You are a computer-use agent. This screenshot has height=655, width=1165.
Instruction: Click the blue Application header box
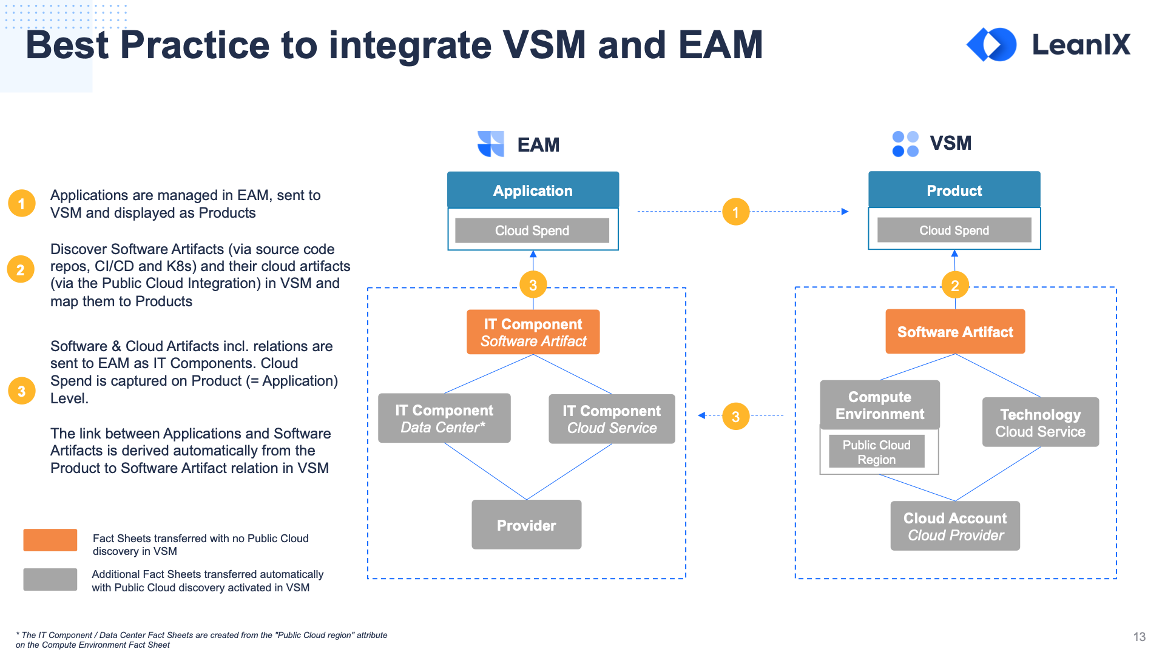pos(533,190)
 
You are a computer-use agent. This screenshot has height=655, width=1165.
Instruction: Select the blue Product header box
pos(954,190)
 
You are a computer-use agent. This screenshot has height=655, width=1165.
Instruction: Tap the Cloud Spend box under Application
pos(532,230)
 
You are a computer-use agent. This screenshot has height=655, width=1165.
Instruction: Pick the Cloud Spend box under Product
pos(954,230)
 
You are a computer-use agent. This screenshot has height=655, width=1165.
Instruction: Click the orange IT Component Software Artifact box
pos(533,332)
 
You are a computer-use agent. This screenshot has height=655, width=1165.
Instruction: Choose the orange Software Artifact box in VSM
pos(955,332)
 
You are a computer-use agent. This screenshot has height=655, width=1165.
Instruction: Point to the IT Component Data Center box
pos(444,418)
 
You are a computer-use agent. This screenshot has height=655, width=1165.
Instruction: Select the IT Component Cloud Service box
pos(612,419)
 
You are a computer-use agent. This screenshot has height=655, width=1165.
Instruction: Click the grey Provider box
pos(526,525)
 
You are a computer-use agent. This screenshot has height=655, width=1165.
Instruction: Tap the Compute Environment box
pos(880,405)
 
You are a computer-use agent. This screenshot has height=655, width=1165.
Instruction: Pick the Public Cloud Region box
pos(876,452)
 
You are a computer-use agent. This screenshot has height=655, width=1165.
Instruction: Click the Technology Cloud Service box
pos(1040,423)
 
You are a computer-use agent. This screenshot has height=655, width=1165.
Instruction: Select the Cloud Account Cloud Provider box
pos(955,526)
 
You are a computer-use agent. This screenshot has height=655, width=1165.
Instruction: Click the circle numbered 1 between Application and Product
pos(735,212)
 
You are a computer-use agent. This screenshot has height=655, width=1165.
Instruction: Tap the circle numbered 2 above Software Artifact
pos(954,286)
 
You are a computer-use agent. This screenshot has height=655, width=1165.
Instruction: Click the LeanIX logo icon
pos(991,44)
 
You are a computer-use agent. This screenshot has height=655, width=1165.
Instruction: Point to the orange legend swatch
pos(50,540)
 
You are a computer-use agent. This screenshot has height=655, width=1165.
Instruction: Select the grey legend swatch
pos(50,579)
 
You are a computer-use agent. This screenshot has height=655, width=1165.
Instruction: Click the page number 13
pos(1139,637)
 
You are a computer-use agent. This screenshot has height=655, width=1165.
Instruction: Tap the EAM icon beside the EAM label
pos(491,144)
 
